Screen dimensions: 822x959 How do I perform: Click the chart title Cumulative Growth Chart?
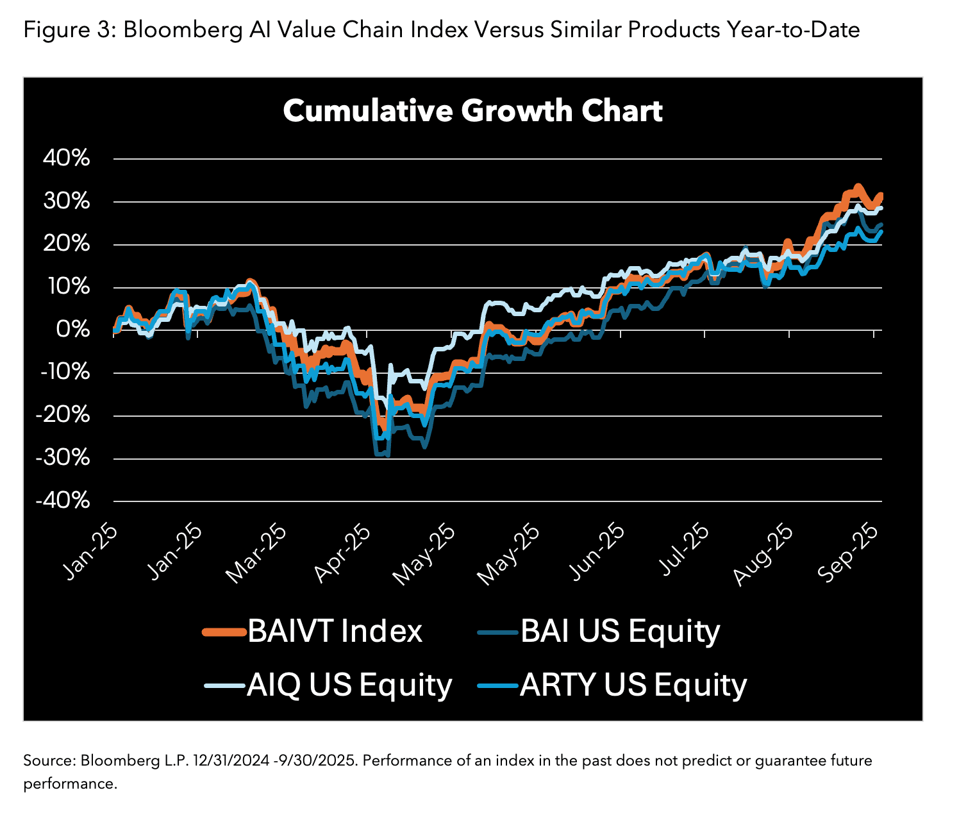(x=472, y=111)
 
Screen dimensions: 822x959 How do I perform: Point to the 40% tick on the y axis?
(x=67, y=158)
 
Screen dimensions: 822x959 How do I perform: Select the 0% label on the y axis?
(x=72, y=330)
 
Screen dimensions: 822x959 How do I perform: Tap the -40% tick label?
(x=62, y=501)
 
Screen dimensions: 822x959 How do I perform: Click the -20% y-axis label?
(x=62, y=415)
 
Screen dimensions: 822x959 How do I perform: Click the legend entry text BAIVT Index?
(x=335, y=631)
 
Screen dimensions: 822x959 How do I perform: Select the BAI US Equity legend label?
(x=620, y=631)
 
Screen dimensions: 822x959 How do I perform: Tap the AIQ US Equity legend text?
(x=349, y=685)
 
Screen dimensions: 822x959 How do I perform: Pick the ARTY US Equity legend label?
(x=633, y=685)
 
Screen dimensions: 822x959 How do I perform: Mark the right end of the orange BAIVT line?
(x=881, y=195)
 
